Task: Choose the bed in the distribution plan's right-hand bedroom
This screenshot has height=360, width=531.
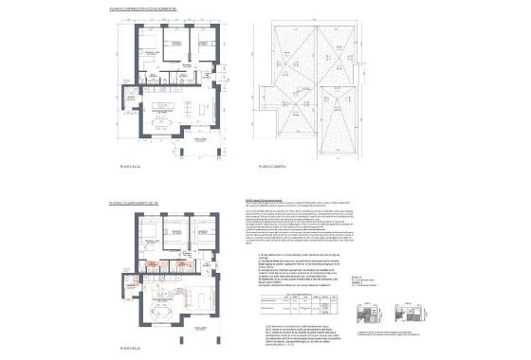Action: pyautogui.click(x=204, y=46)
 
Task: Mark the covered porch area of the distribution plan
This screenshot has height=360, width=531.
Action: pyautogui.click(x=200, y=142)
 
